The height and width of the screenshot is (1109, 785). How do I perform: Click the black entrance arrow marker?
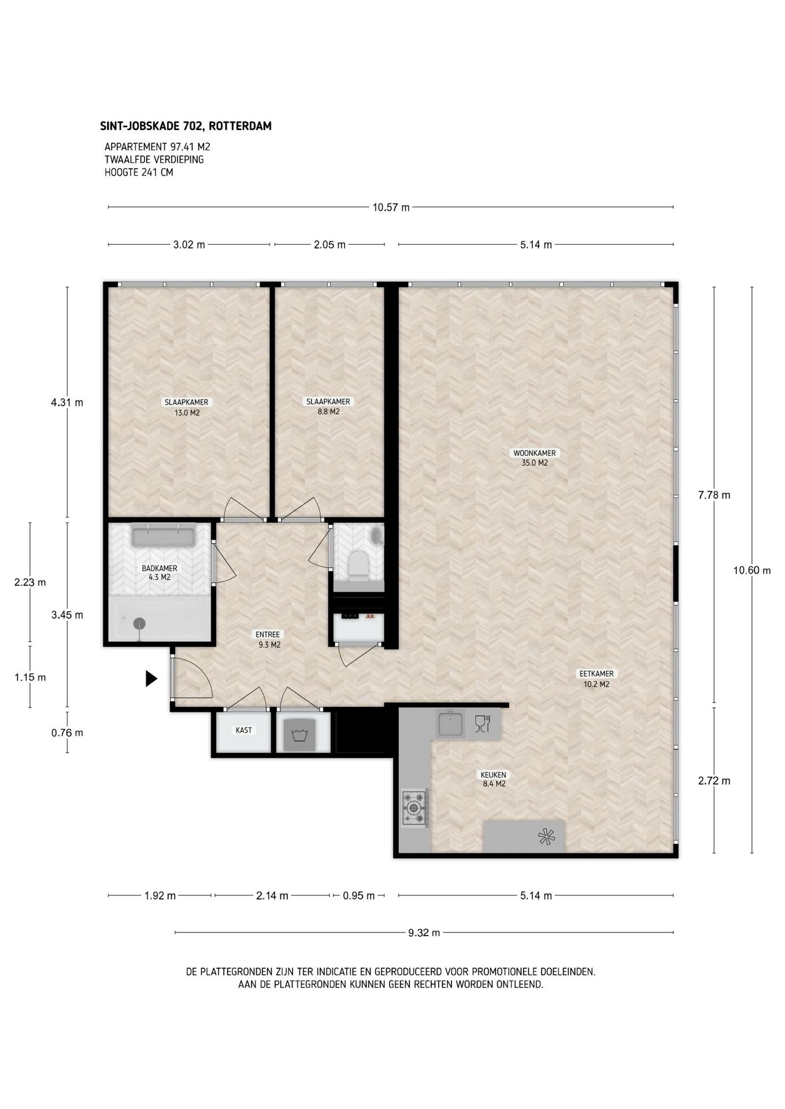pos(151,678)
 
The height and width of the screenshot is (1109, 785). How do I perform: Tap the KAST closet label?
pos(244,730)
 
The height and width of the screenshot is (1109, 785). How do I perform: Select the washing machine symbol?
pos(299,735)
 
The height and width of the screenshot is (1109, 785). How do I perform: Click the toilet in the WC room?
pos(358,565)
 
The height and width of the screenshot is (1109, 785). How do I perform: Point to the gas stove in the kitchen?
pos(414,808)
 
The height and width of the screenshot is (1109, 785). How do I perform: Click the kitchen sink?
pos(450,724)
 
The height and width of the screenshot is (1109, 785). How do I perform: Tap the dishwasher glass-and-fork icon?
pos(482,724)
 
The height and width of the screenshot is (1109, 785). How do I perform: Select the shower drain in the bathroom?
pos(139,624)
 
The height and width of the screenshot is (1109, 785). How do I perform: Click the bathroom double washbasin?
pos(164,535)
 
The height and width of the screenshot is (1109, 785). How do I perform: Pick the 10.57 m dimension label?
pos(391,207)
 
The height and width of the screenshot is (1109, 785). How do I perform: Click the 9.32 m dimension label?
pos(424,933)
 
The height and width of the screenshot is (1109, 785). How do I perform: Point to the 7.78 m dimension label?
pos(714,495)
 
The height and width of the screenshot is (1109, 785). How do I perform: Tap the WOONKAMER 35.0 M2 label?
pos(535,458)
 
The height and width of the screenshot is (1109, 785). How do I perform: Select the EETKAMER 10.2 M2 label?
pos(597,679)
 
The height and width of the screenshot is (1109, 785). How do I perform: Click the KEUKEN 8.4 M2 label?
pos(493,779)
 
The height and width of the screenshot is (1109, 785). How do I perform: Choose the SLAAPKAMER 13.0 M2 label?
pos(187,408)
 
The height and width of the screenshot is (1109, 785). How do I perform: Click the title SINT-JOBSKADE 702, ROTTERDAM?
pos(186,126)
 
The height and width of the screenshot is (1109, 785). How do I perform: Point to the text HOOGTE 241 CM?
pos(139,172)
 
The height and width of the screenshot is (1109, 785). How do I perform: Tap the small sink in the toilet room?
pos(377,535)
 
